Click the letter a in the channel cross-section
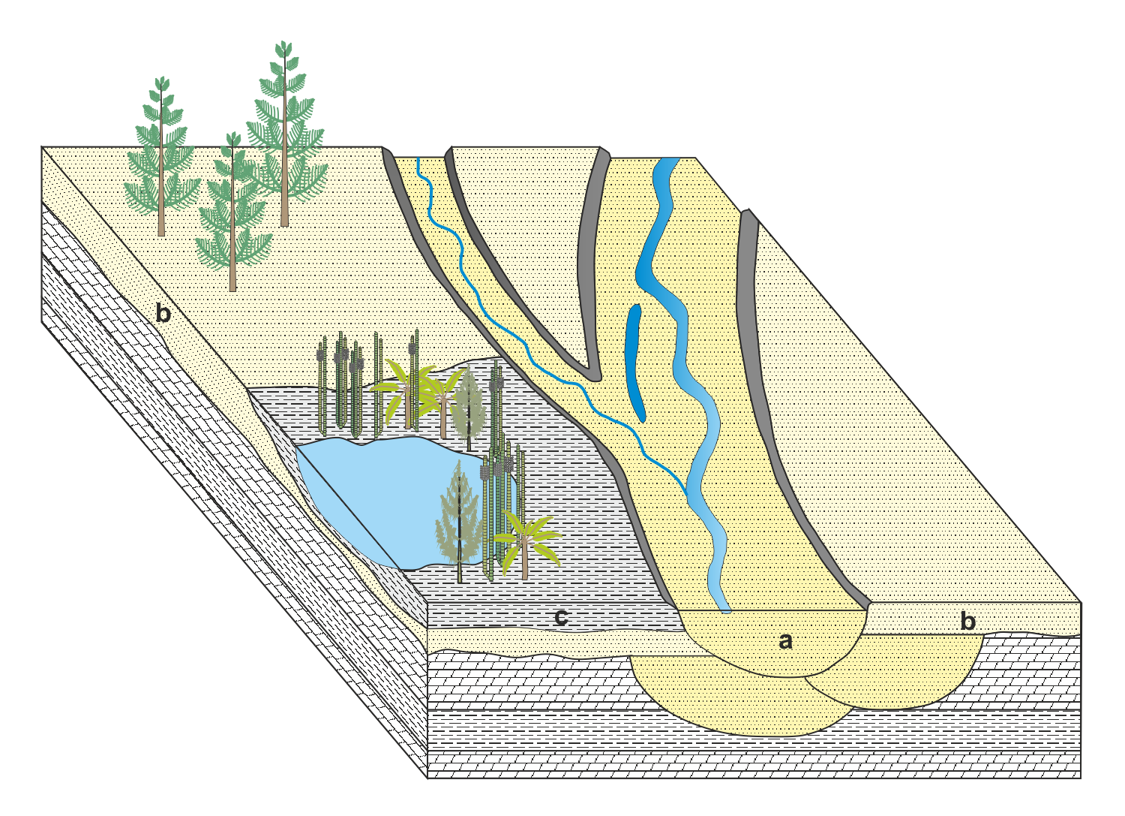pos(785,641)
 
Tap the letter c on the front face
pos(560,618)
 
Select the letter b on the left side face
pos(163,313)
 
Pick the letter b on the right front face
pos(968,621)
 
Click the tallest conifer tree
pos(284,135)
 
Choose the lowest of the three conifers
pos(232,218)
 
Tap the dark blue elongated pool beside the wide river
pos(634,360)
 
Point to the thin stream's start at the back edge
pos(418,161)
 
